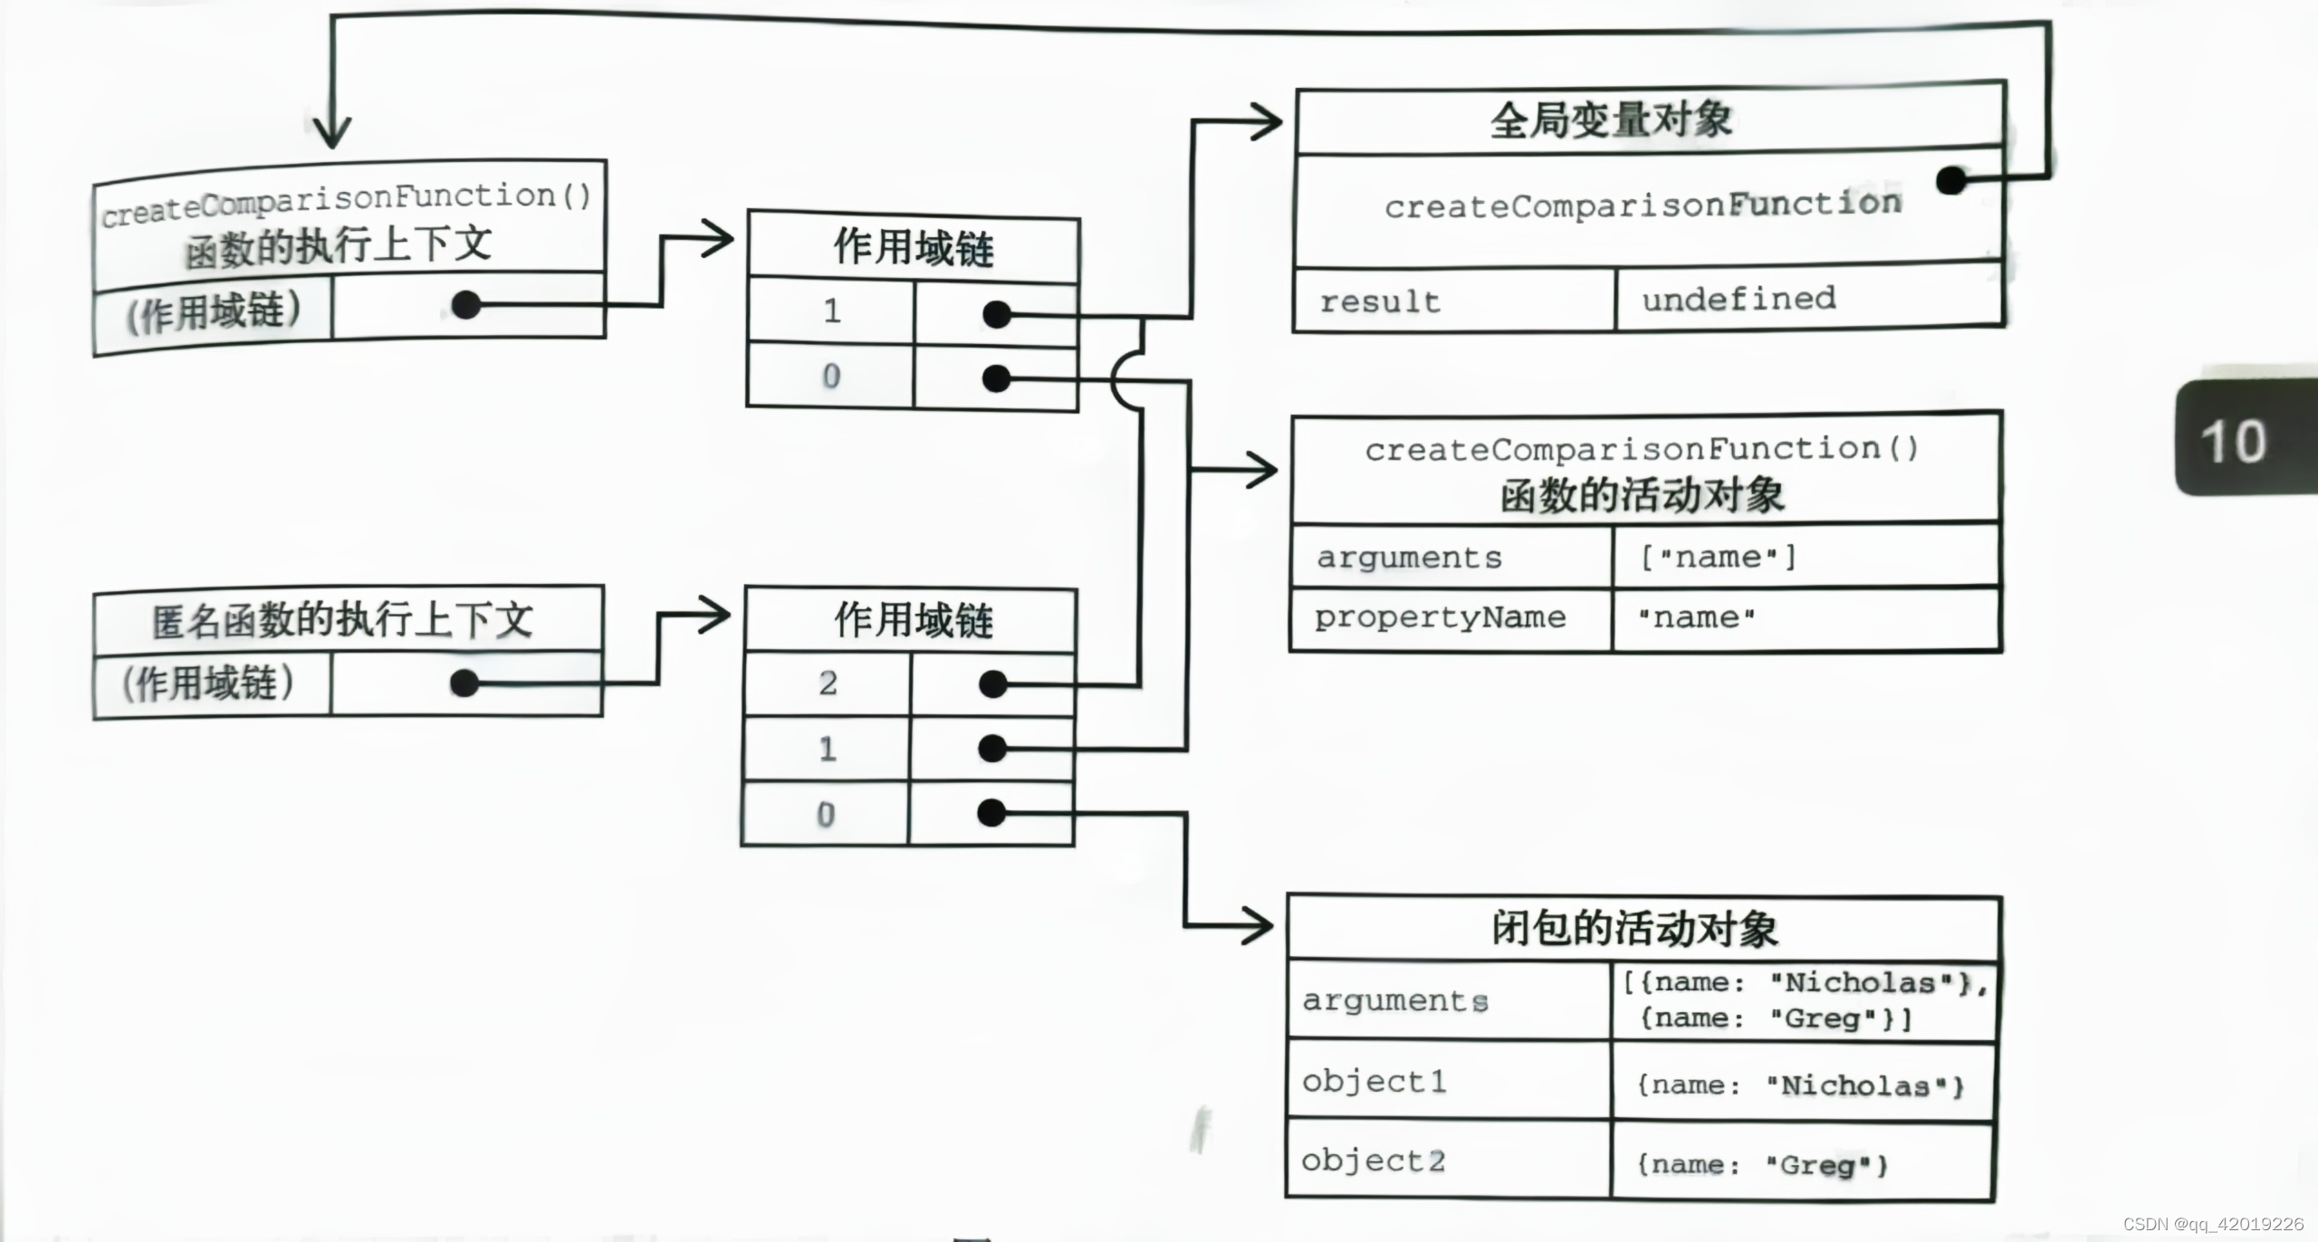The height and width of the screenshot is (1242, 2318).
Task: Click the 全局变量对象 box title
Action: (1612, 120)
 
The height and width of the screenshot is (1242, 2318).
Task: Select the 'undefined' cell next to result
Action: (1738, 299)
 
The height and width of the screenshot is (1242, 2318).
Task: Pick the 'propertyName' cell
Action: (1440, 618)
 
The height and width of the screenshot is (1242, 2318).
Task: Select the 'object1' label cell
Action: (1375, 1082)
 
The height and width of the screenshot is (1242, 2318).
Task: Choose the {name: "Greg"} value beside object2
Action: (1761, 1164)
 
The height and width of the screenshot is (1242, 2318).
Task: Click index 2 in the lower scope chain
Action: (828, 683)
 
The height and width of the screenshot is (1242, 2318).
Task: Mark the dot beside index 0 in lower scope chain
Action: (992, 813)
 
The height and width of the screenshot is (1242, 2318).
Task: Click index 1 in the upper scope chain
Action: (832, 311)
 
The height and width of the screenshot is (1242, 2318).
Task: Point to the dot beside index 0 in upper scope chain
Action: (996, 377)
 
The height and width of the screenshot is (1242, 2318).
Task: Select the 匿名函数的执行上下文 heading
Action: (342, 621)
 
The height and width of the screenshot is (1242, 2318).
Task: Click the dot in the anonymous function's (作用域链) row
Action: (465, 683)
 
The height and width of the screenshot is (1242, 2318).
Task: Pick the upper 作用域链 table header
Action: (913, 247)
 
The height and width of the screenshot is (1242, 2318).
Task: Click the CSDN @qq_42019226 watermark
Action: (2213, 1225)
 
